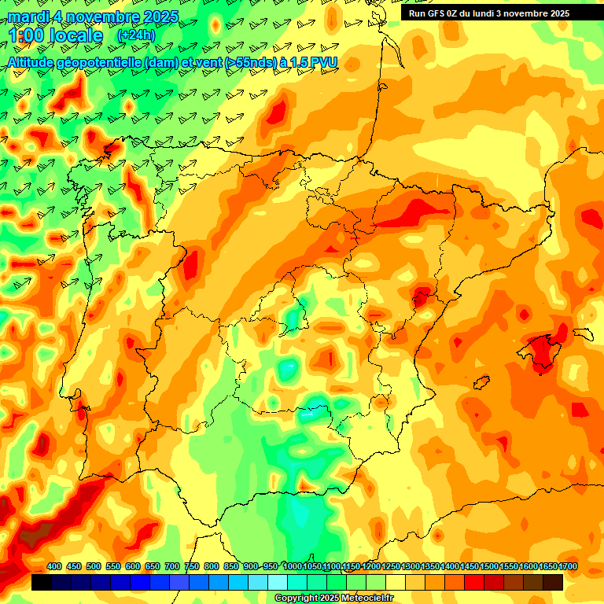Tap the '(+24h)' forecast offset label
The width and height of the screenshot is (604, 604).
tap(136, 35)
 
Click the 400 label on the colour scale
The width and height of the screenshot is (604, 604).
tap(54, 566)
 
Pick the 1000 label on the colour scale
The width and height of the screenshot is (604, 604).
tap(292, 566)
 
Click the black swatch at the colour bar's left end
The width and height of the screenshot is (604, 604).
tap(42, 582)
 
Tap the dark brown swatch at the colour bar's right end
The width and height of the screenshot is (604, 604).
tap(553, 582)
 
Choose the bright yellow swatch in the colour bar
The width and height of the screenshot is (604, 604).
tap(396, 582)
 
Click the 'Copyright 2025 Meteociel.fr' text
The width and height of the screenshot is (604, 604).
tap(333, 598)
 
